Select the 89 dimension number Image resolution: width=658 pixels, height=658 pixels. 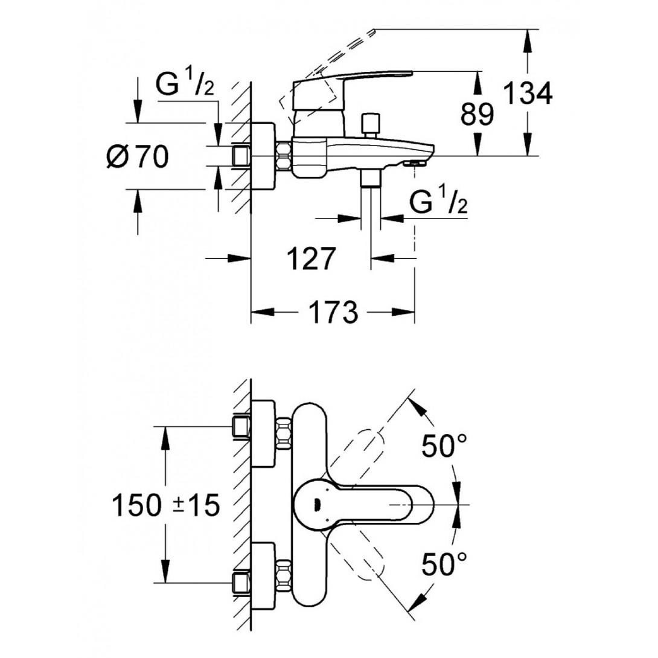point(477,113)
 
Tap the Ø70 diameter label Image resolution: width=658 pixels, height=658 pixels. point(137,158)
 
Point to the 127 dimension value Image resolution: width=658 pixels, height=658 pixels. point(310,259)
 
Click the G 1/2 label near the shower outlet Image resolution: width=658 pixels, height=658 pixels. point(439,203)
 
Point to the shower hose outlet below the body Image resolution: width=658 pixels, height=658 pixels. point(370,179)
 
